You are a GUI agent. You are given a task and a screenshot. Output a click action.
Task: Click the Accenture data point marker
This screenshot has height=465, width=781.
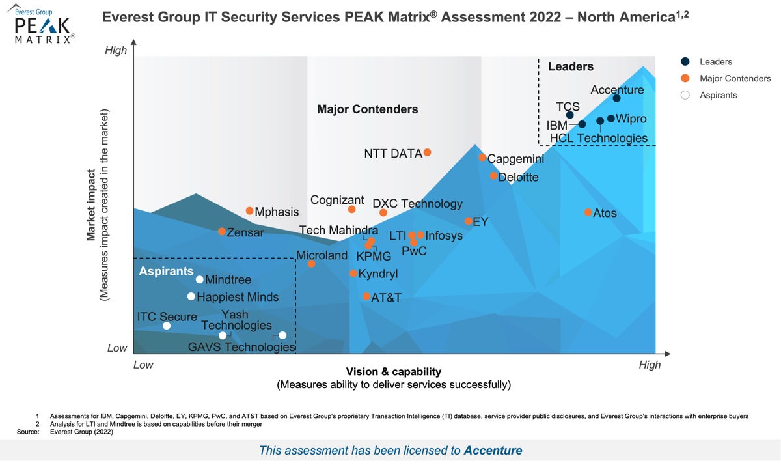616,98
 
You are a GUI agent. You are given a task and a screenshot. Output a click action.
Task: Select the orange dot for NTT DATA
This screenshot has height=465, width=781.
428,152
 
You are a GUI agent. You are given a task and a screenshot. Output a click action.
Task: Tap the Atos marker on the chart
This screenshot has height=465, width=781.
588,212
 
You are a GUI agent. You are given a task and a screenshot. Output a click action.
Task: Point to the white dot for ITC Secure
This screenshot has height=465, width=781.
167,326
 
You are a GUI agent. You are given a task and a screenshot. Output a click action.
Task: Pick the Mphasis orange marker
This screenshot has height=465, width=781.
249,211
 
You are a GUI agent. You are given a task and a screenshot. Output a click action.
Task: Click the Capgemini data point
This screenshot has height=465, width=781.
482,158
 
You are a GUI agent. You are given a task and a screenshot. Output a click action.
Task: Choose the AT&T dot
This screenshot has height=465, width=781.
366,297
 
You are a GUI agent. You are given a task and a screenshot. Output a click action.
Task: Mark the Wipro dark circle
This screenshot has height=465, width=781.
610,119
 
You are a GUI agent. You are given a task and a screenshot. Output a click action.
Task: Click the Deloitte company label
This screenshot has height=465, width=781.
518,177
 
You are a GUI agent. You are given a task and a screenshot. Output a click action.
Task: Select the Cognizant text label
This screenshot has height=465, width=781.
337,200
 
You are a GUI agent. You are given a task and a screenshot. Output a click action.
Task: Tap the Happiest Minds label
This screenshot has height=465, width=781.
238,298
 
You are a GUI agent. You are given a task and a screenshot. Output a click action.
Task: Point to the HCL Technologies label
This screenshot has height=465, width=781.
598,138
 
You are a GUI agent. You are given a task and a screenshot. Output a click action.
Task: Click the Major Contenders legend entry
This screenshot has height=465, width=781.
735,79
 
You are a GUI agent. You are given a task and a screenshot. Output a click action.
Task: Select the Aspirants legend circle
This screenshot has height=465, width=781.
685,95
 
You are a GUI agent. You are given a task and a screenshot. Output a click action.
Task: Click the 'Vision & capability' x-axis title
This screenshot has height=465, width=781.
393,372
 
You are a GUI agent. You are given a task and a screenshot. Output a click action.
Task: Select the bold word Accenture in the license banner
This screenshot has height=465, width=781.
493,450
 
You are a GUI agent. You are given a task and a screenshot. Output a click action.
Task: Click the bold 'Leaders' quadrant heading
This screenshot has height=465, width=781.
571,66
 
